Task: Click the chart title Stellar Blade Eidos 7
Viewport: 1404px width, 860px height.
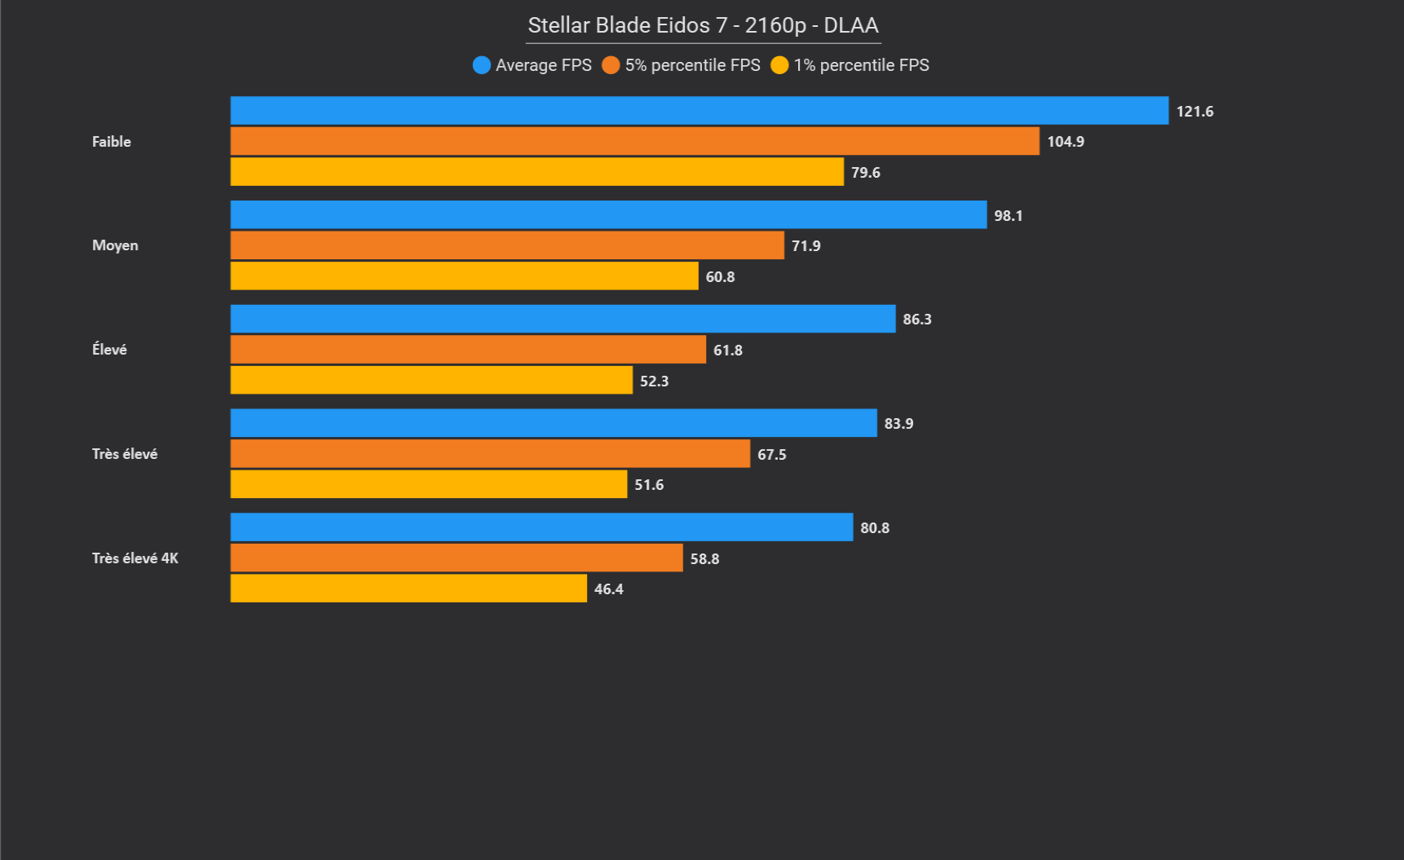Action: [x=703, y=25]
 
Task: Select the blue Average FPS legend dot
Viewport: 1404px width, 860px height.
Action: [x=481, y=65]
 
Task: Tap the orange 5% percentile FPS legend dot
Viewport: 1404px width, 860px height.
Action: [x=611, y=65]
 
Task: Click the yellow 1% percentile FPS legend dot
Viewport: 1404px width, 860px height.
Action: [x=779, y=65]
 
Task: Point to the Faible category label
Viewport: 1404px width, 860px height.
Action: [x=112, y=142]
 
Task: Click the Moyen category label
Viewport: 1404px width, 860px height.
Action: [x=115, y=245]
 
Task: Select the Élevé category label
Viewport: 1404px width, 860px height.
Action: [x=109, y=350]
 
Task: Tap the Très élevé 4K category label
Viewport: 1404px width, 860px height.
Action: [x=135, y=558]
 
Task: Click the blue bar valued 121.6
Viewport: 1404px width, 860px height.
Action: [x=699, y=111]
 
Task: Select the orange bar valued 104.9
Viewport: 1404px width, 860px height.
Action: [x=634, y=141]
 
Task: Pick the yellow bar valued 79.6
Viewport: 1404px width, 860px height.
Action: [x=536, y=172]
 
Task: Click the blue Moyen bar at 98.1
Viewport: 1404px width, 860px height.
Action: [x=608, y=215]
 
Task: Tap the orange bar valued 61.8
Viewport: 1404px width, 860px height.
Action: [x=468, y=350]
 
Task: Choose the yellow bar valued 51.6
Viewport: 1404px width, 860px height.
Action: [x=428, y=484]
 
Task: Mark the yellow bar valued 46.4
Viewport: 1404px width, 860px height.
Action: [x=408, y=589]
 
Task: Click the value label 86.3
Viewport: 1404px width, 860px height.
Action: [x=917, y=320]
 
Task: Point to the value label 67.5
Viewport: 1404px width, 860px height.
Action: [x=772, y=455]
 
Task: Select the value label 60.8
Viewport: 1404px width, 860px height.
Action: [x=720, y=277]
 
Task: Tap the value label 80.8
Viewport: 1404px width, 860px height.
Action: [x=875, y=528]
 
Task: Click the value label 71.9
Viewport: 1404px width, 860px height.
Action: [x=806, y=246]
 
